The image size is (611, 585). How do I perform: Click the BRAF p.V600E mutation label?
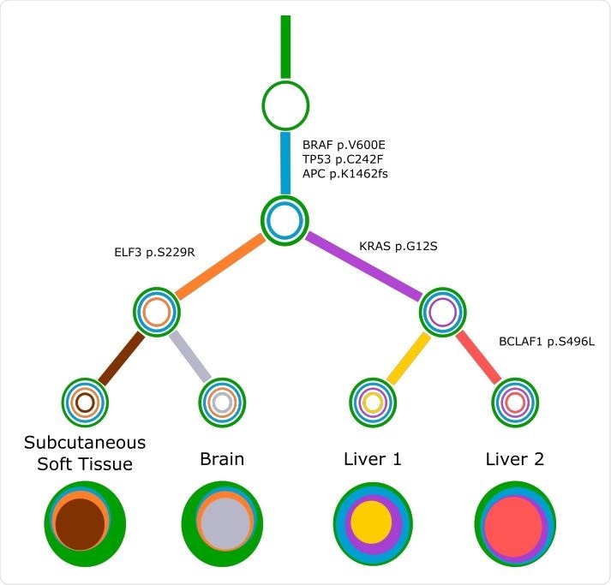point(338,145)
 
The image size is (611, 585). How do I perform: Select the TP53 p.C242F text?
point(337,159)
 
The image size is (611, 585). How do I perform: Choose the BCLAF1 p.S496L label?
point(547,341)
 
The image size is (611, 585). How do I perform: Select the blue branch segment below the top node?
point(285,163)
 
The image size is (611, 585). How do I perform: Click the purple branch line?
point(365,266)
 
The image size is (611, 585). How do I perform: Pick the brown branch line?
point(121,357)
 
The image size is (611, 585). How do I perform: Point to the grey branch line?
point(189,355)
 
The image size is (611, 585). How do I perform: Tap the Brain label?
point(222,459)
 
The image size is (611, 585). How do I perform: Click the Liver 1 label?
point(372,459)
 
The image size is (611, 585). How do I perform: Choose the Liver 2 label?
point(514,459)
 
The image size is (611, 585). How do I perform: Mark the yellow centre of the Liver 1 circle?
point(372,522)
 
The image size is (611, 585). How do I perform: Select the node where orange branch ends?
point(157,312)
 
